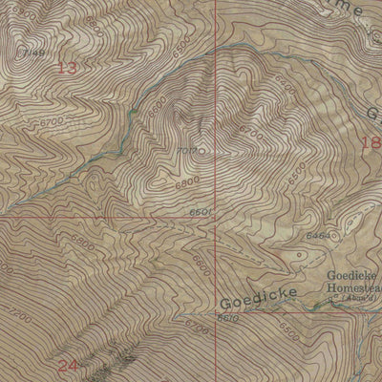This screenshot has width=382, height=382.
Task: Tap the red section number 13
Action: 66,68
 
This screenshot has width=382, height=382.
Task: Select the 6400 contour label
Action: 82,244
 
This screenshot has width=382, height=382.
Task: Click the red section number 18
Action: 371,142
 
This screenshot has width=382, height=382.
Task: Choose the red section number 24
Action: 66,366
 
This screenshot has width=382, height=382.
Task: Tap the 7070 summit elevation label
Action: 186,152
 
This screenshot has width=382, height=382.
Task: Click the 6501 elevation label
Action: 199,212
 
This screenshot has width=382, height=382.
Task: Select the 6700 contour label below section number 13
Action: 52,122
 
